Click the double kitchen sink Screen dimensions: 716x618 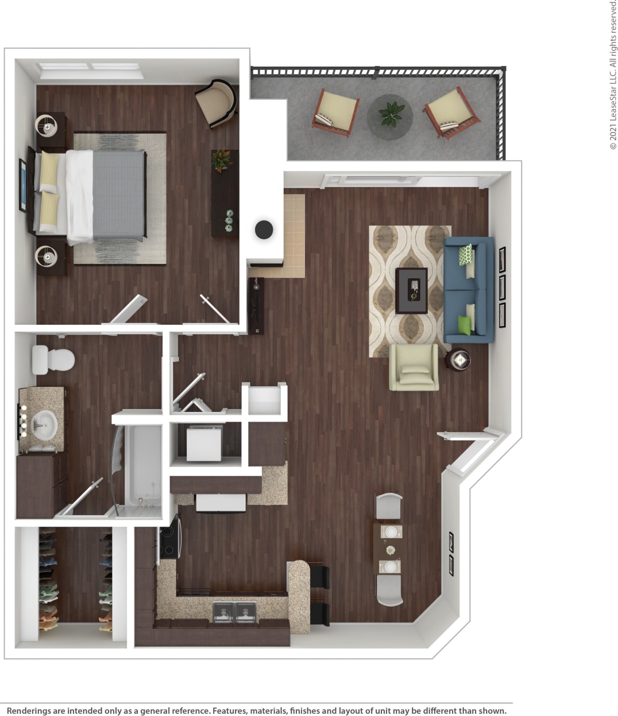pyautogui.click(x=234, y=611)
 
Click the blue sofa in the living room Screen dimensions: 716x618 pyautogui.click(x=468, y=290)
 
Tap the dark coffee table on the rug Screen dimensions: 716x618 pyautogui.click(x=411, y=290)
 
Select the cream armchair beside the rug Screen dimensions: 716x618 pyautogui.click(x=414, y=367)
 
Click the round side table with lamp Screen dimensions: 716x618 pyautogui.click(x=459, y=360)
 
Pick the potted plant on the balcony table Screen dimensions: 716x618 pyautogui.click(x=390, y=113)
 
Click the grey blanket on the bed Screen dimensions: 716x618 pyautogui.click(x=118, y=195)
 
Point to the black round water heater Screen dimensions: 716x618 pyautogui.click(x=264, y=229)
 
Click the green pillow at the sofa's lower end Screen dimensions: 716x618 pyautogui.click(x=463, y=324)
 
